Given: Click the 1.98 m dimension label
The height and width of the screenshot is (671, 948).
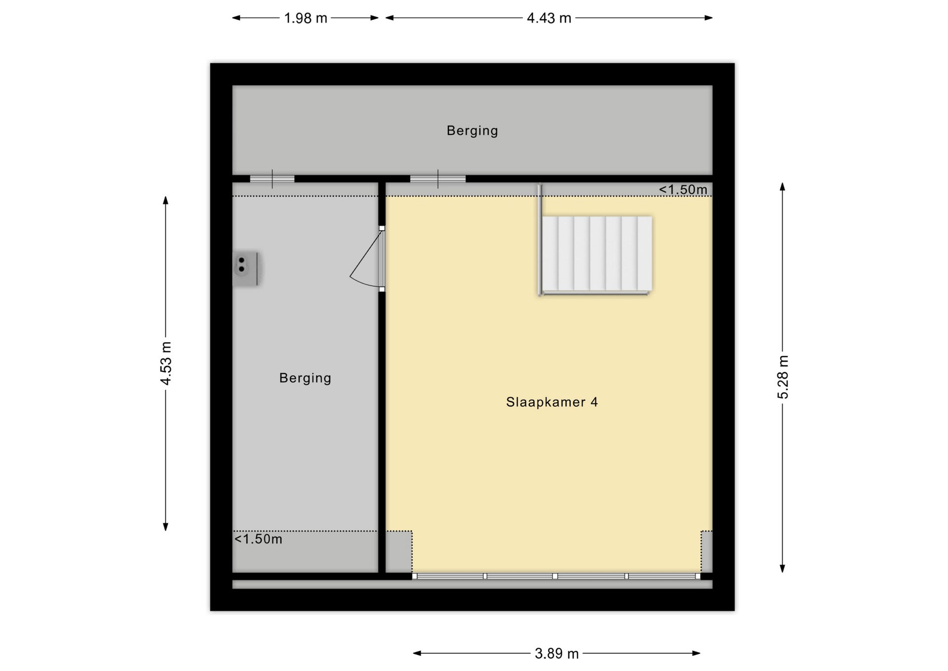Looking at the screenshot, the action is click(306, 18).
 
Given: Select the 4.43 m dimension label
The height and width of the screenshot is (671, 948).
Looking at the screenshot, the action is click(549, 18).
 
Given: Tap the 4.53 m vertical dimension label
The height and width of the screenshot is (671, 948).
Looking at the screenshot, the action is click(166, 363).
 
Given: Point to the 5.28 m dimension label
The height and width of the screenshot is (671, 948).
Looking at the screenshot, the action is click(783, 377).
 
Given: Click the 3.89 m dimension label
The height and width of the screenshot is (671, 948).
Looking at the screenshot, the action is click(556, 654).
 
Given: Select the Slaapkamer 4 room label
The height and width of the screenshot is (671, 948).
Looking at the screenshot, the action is click(552, 402).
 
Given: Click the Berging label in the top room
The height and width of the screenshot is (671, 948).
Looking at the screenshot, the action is click(473, 130).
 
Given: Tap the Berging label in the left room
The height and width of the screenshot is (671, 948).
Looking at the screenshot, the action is click(305, 378).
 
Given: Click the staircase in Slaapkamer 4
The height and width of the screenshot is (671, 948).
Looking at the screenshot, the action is click(595, 254).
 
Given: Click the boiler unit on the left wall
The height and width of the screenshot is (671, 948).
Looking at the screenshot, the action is click(246, 268).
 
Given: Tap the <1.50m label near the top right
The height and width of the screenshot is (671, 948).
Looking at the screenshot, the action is click(683, 190).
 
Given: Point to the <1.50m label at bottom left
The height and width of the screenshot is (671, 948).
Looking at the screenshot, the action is click(258, 539).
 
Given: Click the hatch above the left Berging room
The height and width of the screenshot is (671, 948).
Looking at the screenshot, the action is click(272, 179).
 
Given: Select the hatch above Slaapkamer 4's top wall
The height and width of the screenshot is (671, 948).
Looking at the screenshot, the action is click(438, 179).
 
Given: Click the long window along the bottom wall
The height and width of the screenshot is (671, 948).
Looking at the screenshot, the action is click(556, 576).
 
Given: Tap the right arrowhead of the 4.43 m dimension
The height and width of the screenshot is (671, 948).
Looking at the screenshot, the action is click(709, 18).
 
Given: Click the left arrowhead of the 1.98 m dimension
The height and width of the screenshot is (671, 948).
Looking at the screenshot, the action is click(236, 18).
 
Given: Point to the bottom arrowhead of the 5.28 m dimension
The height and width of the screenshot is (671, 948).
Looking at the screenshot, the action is click(782, 569).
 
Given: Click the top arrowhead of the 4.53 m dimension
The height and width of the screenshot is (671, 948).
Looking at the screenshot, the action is click(166, 200).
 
